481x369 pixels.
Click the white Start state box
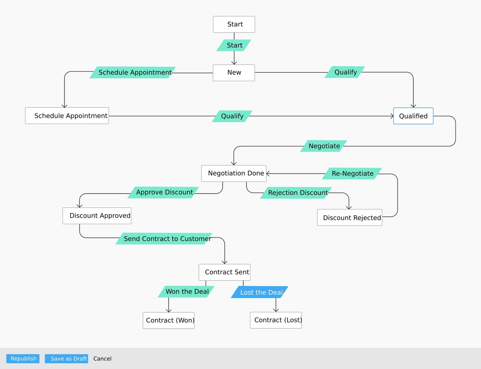(234, 24)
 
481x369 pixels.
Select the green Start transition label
(234, 45)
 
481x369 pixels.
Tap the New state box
(234, 73)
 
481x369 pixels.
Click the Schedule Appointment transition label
(133, 73)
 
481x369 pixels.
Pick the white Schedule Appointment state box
(67, 116)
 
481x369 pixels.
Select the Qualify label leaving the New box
(345, 72)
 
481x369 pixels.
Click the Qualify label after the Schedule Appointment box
(232, 116)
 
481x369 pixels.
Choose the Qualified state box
(413, 116)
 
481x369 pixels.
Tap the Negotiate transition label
(323, 146)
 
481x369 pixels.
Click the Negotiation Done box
(234, 173)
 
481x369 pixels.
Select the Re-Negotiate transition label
(352, 174)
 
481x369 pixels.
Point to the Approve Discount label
(163, 192)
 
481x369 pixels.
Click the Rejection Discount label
(296, 193)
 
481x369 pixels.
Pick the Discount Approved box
(97, 216)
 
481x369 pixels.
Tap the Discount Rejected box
(350, 217)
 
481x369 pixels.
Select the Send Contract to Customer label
(164, 239)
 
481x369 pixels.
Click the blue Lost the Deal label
(259, 292)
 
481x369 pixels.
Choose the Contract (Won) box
(169, 321)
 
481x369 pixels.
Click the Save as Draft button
(66, 358)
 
